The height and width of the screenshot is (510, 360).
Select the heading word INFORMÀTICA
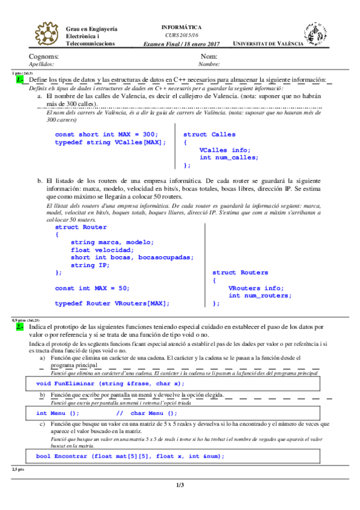pyautogui.click(x=182, y=28)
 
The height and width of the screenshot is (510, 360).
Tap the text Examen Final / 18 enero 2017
pyautogui.click(x=182, y=44)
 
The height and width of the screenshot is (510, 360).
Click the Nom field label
pyautogui.click(x=209, y=56)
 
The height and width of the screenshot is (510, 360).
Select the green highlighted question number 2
pyautogui.click(x=20, y=326)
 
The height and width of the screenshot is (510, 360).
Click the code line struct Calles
pyautogui.click(x=209, y=135)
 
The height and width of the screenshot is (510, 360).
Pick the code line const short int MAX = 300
pyautogui.click(x=106, y=134)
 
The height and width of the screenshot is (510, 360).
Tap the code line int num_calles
pyautogui.click(x=229, y=158)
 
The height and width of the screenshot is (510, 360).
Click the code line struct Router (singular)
pyautogui.click(x=81, y=227)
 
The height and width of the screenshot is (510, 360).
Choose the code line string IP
pyautogui.click(x=90, y=265)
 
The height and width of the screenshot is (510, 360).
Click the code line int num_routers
pyautogui.click(x=260, y=295)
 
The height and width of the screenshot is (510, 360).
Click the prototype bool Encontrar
pyautogui.click(x=130, y=456)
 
